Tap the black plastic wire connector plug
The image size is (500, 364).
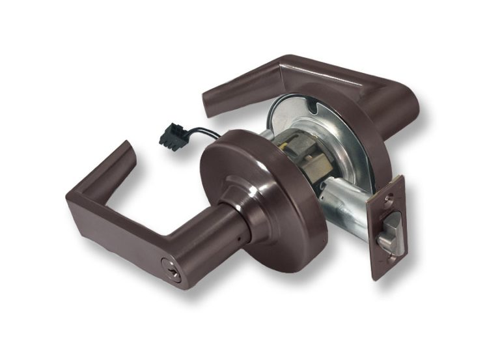(171, 135)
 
